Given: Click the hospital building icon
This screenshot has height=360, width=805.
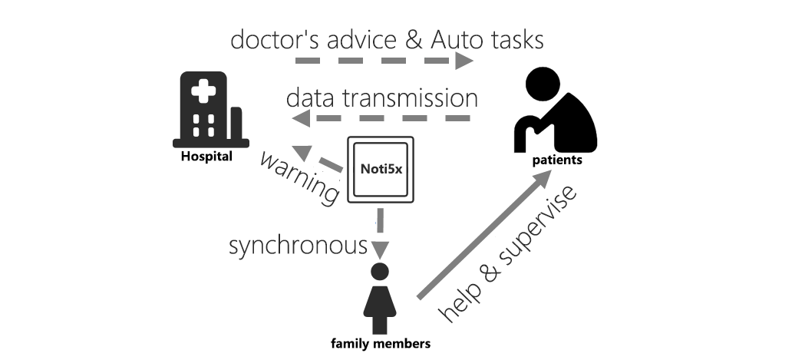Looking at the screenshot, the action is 210,110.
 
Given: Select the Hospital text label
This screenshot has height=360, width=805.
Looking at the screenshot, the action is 207,157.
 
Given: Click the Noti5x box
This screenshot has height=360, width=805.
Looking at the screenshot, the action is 381,170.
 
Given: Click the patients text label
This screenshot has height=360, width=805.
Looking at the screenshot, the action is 557,160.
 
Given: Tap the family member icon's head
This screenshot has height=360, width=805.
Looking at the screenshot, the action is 380,272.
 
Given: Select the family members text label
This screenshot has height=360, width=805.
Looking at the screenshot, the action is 381,344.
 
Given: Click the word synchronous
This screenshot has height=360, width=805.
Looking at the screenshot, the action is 299,246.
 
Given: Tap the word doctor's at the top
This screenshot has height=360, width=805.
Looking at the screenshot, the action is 269,39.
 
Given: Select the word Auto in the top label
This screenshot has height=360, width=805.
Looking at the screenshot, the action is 454,40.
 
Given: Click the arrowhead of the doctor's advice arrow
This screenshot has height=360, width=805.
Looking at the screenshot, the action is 464,61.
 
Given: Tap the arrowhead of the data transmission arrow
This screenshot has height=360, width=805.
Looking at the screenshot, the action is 302,119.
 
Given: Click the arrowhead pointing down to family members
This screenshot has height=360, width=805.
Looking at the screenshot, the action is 380,250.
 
